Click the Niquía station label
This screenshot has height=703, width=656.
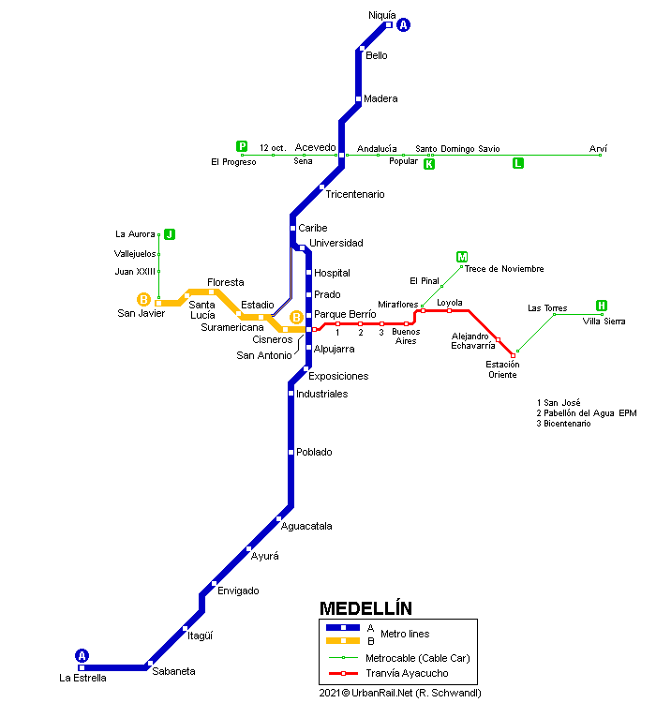pyautogui.click(x=382, y=15)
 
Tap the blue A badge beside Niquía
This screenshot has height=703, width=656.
pyautogui.click(x=404, y=25)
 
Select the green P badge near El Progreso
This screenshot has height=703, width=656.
pyautogui.click(x=242, y=146)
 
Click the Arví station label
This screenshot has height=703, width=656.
pyautogui.click(x=598, y=148)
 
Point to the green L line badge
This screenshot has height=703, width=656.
pyautogui.click(x=517, y=163)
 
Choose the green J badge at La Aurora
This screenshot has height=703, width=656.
pyautogui.click(x=170, y=234)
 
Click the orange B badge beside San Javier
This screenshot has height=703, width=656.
pyautogui.click(x=144, y=300)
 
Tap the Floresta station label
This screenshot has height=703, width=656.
pyautogui.click(x=225, y=282)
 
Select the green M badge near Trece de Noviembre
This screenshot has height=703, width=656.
pyautogui.click(x=462, y=257)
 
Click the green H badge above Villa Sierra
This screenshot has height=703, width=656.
pyautogui.click(x=602, y=306)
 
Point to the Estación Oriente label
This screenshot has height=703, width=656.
pyautogui.click(x=501, y=369)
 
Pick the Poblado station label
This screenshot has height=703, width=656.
pyautogui.click(x=314, y=452)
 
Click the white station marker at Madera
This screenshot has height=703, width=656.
pyautogui.click(x=359, y=98)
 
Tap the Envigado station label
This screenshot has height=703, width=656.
pyautogui.click(x=238, y=591)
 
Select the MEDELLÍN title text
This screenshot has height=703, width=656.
pyautogui.click(x=365, y=607)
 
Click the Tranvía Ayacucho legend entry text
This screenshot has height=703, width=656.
pyautogui.click(x=408, y=673)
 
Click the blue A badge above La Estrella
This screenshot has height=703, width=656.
pyautogui.click(x=82, y=656)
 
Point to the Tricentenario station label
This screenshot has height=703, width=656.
pyautogui.click(x=354, y=194)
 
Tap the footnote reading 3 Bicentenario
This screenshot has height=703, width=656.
pyautogui.click(x=563, y=424)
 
